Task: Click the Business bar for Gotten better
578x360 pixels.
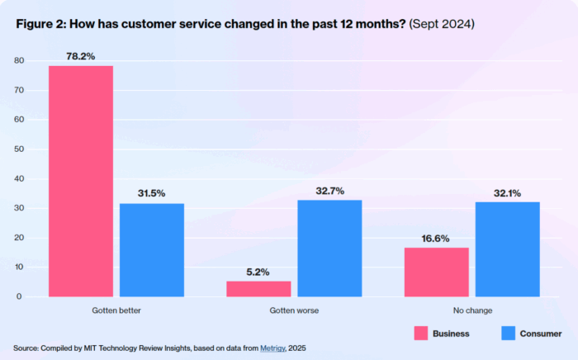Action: pyautogui.click(x=81, y=181)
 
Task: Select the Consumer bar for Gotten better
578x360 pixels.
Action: pyautogui.click(x=152, y=250)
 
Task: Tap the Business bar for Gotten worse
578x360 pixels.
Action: pyautogui.click(x=259, y=289)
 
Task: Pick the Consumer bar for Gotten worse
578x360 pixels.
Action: pyautogui.click(x=329, y=249)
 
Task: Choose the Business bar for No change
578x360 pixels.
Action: pyautogui.click(x=437, y=272)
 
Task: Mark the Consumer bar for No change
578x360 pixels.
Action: pyautogui.click(x=508, y=249)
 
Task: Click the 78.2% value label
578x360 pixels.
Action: pyautogui.click(x=81, y=55)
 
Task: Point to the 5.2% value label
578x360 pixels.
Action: pyautogui.click(x=259, y=272)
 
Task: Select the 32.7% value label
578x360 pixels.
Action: pyautogui.click(x=329, y=190)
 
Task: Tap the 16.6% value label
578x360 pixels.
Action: pyautogui.click(x=437, y=238)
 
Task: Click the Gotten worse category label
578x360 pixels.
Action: pyautogui.click(x=294, y=311)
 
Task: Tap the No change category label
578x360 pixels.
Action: pyautogui.click(x=472, y=311)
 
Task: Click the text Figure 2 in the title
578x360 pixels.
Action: pyautogui.click(x=40, y=24)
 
